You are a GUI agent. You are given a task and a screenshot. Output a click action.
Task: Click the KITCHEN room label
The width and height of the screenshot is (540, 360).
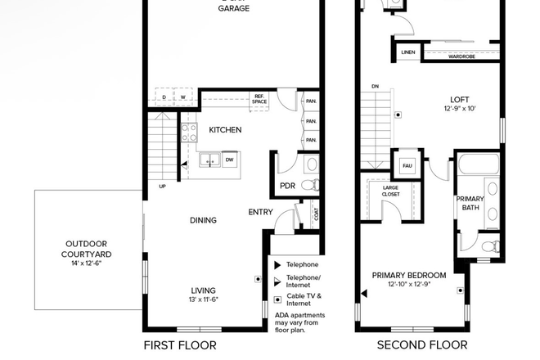pos(225,130)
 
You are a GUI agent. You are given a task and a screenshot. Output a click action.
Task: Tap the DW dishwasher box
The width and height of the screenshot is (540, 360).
pos(230,160)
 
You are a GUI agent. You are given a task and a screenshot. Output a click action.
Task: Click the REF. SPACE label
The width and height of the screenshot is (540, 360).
pos(259,99)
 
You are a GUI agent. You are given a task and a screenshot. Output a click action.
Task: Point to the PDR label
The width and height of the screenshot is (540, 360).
pos(287,186)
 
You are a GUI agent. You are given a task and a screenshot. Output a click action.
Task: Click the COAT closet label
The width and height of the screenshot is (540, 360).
pos(317,215)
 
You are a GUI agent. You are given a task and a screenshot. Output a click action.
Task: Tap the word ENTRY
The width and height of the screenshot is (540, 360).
pos(260,213)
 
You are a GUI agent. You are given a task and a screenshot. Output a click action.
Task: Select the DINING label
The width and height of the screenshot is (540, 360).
pos(203,220)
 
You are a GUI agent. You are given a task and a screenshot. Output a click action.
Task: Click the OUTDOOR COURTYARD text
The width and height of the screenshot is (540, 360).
pos(88,249)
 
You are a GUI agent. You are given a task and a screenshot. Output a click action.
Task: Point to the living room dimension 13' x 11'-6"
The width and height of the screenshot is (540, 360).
pos(205,300)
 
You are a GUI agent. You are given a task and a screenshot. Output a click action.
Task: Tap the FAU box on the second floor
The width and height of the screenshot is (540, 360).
pos(406,166)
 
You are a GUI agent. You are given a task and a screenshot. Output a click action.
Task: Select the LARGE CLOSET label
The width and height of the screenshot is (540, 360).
pos(391,191)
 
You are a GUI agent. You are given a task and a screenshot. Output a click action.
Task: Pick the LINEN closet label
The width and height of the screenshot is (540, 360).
pos(407,52)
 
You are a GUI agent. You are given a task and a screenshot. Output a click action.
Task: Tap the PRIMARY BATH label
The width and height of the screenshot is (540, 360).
pos(470,203)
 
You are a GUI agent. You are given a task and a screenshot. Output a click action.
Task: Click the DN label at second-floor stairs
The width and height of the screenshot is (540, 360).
pos(375,85)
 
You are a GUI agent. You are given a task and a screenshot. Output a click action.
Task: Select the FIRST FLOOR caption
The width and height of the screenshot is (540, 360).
pos(180,345)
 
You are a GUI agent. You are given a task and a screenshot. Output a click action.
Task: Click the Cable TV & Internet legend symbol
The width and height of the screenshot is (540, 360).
pos(277,299)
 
